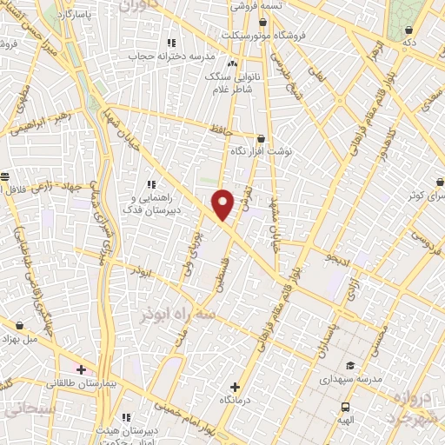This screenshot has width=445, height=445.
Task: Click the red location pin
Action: pyautogui.click(x=223, y=203)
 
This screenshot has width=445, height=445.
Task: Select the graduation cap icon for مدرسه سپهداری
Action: pyautogui.click(x=349, y=365)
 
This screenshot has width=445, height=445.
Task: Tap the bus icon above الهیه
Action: pyautogui.click(x=346, y=407)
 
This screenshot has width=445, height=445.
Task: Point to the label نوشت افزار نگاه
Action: pyautogui.click(x=261, y=150)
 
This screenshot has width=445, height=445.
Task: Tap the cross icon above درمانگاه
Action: pyautogui.click(x=235, y=387)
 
